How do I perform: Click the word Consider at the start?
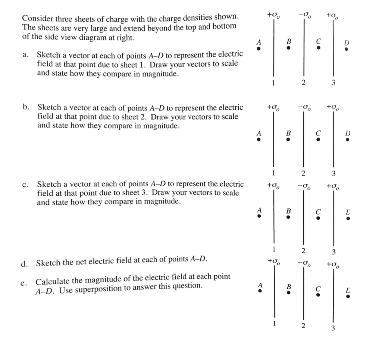point(36,18)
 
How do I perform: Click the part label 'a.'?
point(25,55)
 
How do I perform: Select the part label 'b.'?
point(25,108)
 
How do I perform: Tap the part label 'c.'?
point(25,184)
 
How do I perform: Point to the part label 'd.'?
point(25,263)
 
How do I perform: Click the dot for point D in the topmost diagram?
point(347,49)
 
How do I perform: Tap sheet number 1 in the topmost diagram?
point(273,83)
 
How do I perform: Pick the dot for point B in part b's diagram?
point(288,140)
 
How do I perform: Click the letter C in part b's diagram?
point(318,133)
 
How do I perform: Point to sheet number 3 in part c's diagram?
point(334,251)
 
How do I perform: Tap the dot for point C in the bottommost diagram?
point(318,295)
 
